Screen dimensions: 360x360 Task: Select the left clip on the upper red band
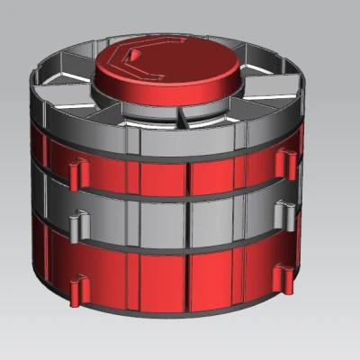click(x=76, y=170)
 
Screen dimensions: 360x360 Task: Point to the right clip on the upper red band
click(x=286, y=163)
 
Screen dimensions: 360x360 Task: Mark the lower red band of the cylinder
click(x=162, y=279)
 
